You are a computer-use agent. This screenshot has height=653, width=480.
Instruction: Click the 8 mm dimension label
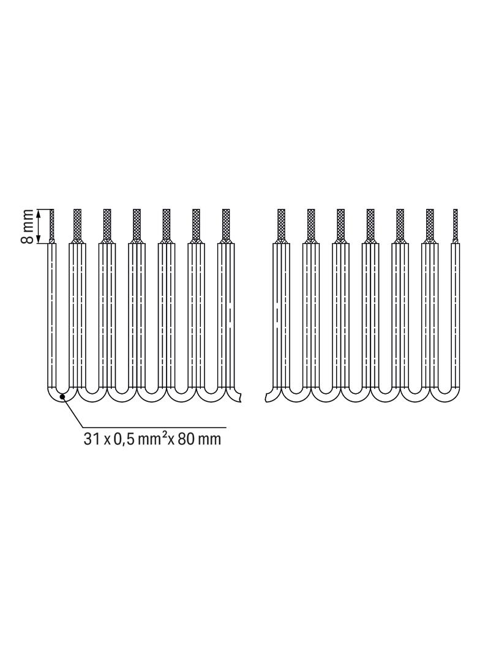(x=28, y=227)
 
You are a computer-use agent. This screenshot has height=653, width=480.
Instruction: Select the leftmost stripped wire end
(x=52, y=226)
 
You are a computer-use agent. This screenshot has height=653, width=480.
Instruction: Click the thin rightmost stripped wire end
(x=455, y=226)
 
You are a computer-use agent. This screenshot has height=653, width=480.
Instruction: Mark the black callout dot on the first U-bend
(x=62, y=396)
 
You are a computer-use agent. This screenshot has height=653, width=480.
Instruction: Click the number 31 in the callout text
(x=91, y=439)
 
